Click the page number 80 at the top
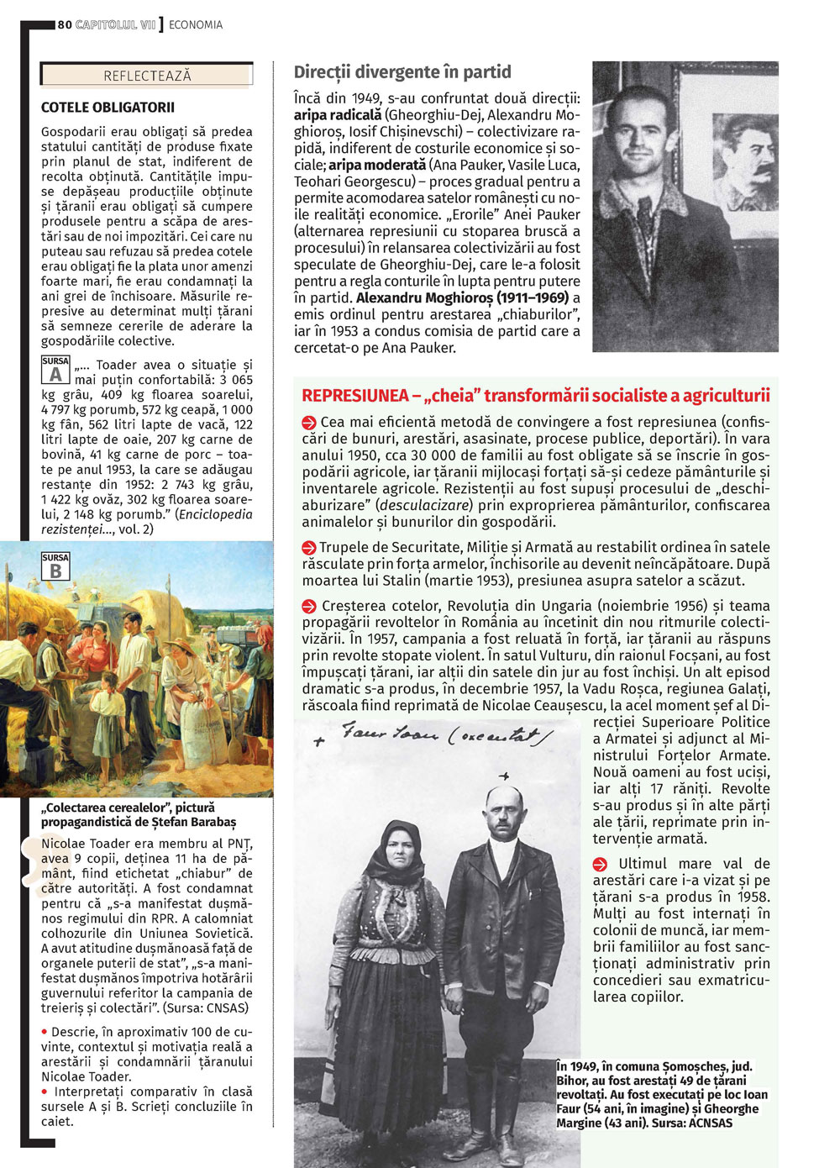click(65, 25)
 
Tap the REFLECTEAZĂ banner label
click(147, 76)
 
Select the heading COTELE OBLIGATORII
click(108, 108)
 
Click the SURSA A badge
click(55, 370)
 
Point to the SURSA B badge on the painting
click(55, 566)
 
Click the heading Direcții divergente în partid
click(402, 72)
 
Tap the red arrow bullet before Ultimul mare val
click(600, 864)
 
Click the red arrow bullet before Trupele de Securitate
click(309, 548)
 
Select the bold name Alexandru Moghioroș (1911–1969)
click(462, 297)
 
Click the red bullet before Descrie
click(45, 1032)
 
